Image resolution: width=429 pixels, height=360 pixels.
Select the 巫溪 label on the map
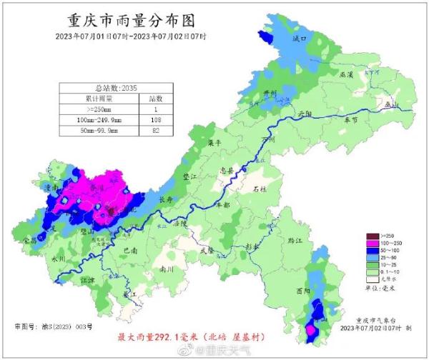(x=346, y=74)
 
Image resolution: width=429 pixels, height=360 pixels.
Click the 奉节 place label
(x=350, y=121)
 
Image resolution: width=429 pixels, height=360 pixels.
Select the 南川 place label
(x=167, y=270)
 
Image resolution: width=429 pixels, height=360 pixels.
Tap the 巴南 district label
(x=130, y=251)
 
